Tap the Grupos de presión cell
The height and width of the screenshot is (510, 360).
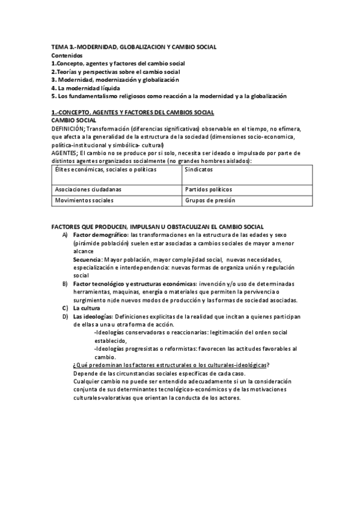click(x=210, y=200)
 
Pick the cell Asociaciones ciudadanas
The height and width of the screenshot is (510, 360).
click(x=84, y=189)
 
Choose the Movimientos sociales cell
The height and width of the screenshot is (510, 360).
click(x=84, y=200)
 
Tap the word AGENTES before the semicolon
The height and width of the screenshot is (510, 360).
click(x=64, y=153)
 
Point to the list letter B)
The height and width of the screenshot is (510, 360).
click(x=65, y=283)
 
